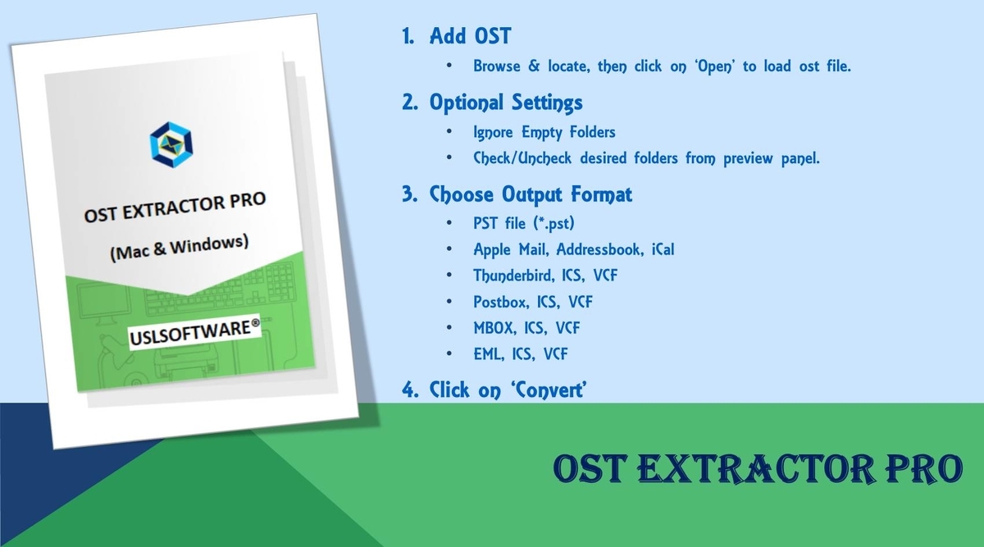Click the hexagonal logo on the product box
(x=171, y=144)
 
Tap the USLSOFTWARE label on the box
(x=195, y=332)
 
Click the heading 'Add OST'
(x=470, y=35)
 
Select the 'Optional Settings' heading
(x=506, y=103)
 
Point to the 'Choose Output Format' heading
(x=531, y=194)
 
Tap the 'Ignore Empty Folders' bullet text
(x=544, y=132)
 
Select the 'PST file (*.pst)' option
(x=524, y=223)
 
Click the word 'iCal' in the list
(x=663, y=249)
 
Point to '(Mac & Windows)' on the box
(x=179, y=248)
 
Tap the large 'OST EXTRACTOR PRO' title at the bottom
(x=758, y=469)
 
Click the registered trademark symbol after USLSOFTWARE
(x=255, y=324)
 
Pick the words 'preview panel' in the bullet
(x=772, y=158)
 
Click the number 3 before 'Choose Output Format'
(x=409, y=194)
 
